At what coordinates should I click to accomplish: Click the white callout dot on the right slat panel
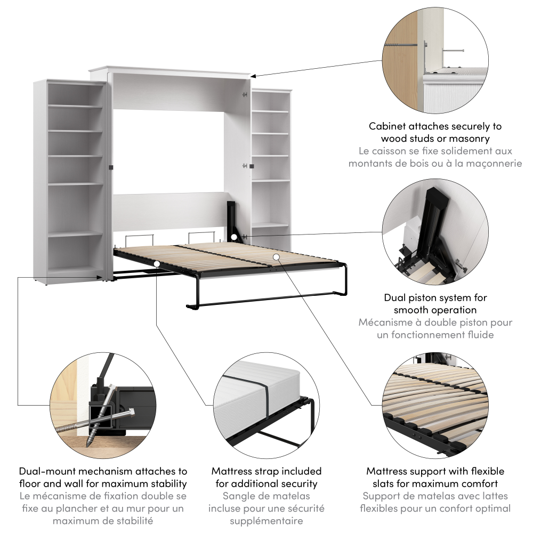pyautogui.click(x=277, y=257)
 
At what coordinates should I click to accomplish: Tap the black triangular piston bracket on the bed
pyautogui.click(x=233, y=222)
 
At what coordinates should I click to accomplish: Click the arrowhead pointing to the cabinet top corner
pyautogui.click(x=253, y=77)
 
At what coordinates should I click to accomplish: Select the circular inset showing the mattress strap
pyautogui.click(x=266, y=406)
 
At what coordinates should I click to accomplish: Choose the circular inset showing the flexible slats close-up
pyautogui.click(x=435, y=406)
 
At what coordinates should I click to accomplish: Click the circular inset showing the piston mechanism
pyautogui.click(x=435, y=232)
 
